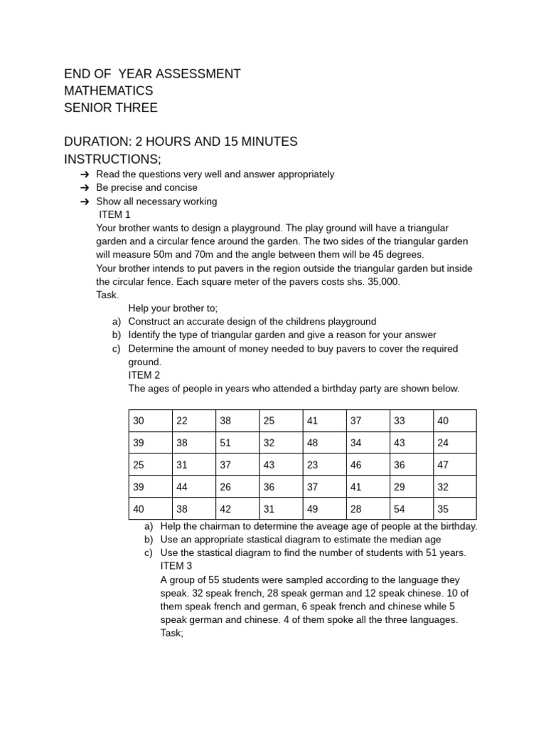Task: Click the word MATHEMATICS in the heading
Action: pos(108,91)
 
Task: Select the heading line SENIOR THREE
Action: pos(110,108)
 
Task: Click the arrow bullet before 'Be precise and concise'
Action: pos(85,188)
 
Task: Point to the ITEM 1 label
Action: pos(114,214)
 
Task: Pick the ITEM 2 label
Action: pos(144,375)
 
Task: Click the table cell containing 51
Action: pos(225,443)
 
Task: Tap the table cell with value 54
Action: pos(400,509)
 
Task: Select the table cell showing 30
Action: pos(138,421)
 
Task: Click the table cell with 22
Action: pos(182,421)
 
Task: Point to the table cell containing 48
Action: pos(312,443)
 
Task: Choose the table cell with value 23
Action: pos(312,465)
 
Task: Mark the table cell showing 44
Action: pos(182,487)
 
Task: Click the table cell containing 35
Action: pos(444,509)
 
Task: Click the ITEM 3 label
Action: pos(176,566)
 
